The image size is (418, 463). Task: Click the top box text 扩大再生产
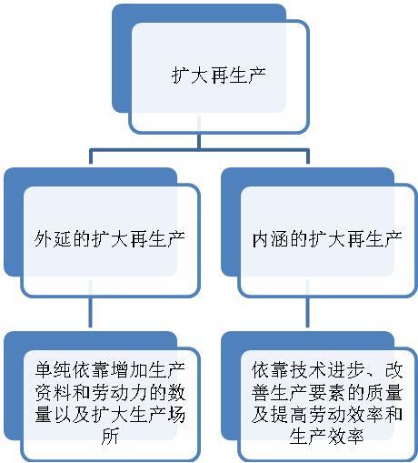click(x=219, y=75)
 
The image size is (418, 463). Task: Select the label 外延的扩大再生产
click(x=109, y=239)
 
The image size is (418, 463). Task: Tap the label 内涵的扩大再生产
click(x=327, y=239)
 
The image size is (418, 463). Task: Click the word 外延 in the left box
click(x=53, y=239)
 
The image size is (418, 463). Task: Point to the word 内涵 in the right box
click(x=271, y=239)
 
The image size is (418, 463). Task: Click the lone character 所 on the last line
click(x=110, y=437)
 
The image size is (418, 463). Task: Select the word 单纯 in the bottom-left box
click(x=53, y=370)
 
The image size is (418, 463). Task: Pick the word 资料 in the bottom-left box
click(x=53, y=392)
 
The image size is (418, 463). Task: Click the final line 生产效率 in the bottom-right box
click(x=326, y=437)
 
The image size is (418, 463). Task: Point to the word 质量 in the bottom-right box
click(x=383, y=392)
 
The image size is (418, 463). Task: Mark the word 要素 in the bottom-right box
click(x=327, y=392)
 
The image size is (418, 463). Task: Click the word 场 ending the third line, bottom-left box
click(x=175, y=415)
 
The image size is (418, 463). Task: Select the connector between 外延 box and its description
click(x=90, y=311)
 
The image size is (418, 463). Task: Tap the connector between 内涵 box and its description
click(x=307, y=311)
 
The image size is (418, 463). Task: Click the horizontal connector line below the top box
click(x=199, y=150)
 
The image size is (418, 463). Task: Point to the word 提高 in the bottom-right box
click(x=280, y=415)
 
